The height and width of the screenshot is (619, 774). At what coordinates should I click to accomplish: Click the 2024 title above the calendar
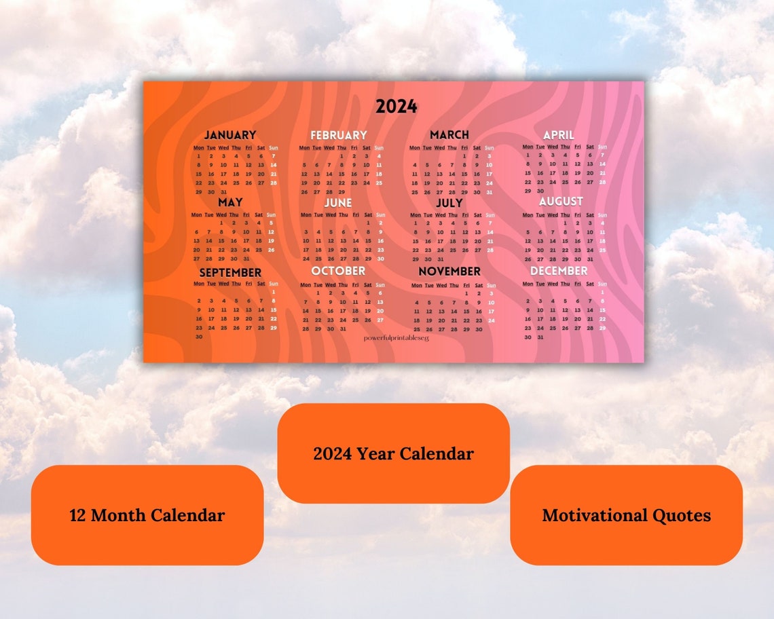pyautogui.click(x=397, y=107)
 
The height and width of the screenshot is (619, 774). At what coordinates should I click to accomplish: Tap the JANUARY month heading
pyautogui.click(x=230, y=134)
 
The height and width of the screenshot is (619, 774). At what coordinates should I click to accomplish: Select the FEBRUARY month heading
pyautogui.click(x=339, y=135)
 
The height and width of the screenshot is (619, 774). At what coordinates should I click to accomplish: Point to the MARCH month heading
pyautogui.click(x=449, y=134)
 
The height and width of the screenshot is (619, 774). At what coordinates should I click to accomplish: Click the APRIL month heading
pyautogui.click(x=559, y=134)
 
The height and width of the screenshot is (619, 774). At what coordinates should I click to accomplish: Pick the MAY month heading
pyautogui.click(x=230, y=202)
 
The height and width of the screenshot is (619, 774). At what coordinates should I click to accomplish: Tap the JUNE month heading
pyautogui.click(x=338, y=202)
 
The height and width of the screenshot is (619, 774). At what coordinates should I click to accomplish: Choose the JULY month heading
pyautogui.click(x=449, y=202)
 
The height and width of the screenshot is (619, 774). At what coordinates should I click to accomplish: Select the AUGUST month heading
pyautogui.click(x=561, y=202)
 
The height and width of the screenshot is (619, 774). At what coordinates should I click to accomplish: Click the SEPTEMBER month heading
pyautogui.click(x=229, y=272)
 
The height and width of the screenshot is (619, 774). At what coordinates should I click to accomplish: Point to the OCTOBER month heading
pyautogui.click(x=338, y=271)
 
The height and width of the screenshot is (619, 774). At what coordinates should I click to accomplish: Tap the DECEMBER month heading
pyautogui.click(x=559, y=271)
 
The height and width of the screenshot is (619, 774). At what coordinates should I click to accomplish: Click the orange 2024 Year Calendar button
pyautogui.click(x=393, y=453)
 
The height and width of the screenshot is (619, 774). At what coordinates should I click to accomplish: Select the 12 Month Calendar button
pyautogui.click(x=147, y=515)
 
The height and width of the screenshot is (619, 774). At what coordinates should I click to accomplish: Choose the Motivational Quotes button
pyautogui.click(x=626, y=515)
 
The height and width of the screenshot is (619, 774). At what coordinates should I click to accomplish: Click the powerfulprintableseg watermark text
pyautogui.click(x=397, y=337)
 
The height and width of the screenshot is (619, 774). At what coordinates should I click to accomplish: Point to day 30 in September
pyautogui.click(x=199, y=337)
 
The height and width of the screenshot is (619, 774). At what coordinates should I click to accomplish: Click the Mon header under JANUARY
pyautogui.click(x=199, y=147)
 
